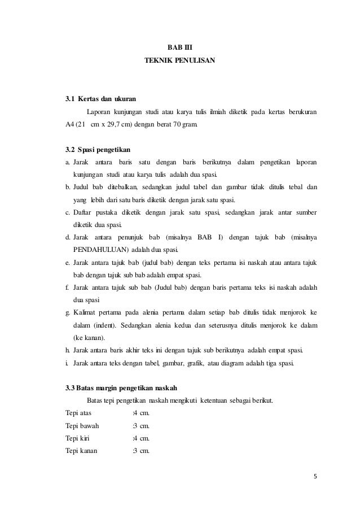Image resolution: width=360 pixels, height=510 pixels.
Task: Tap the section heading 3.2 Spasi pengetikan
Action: tap(99, 150)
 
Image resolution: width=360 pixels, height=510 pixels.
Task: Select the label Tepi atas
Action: tap(78, 413)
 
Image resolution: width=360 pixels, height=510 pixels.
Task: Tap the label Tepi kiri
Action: tap(77, 438)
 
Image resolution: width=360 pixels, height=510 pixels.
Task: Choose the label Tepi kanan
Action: tap(81, 450)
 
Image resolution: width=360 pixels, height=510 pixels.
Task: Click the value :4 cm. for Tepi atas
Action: tap(141, 413)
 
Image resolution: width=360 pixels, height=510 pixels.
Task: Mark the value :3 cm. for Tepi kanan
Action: tap(141, 450)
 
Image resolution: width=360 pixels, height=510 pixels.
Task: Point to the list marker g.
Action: tap(68, 312)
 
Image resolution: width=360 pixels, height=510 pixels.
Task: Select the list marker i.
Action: tap(67, 362)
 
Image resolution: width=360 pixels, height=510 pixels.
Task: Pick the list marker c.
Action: tap(68, 212)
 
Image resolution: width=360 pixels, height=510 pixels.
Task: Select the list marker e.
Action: tap(68, 263)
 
